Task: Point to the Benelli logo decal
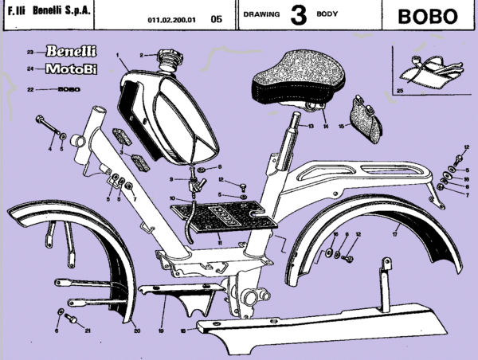74,52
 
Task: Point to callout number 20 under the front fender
136,331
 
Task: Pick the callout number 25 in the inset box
400,92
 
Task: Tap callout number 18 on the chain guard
182,331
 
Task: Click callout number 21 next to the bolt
88,331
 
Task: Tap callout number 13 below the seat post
311,127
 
